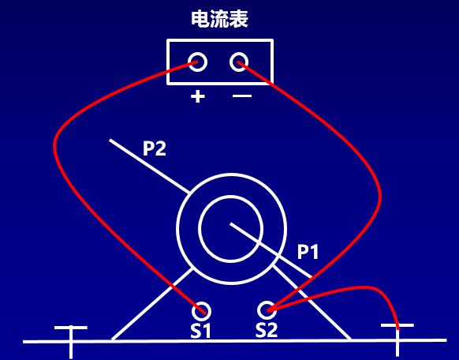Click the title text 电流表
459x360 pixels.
219,19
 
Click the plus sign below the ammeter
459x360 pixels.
198,96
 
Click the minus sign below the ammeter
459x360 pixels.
242,96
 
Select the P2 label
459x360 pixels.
155,148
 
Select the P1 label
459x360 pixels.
308,251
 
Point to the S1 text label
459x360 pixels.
200,331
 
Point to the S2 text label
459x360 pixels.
267,330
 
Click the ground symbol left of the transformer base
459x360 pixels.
71,341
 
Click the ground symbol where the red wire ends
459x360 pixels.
397,339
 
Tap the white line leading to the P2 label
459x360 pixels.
149,166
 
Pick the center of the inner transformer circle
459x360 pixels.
231,229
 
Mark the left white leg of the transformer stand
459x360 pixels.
152,304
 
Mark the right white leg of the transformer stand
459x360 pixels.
312,302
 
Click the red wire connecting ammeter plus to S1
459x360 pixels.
55,147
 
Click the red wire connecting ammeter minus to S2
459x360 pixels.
379,197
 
